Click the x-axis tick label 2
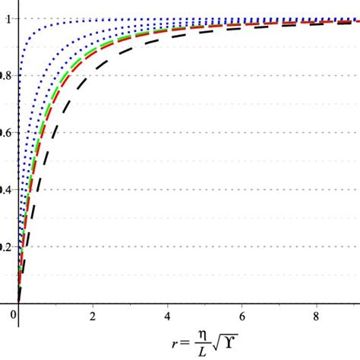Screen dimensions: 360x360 click(93, 314)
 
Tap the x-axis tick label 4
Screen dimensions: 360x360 click(167, 314)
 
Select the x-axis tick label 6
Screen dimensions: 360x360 click(242, 314)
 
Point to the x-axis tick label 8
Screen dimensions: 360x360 click(316, 314)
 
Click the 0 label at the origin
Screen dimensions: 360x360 click(14, 314)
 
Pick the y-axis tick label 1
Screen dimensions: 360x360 click(8, 20)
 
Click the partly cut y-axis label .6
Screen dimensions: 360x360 click(5, 133)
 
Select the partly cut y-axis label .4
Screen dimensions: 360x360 click(5, 190)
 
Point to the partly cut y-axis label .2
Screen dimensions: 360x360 click(5, 247)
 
